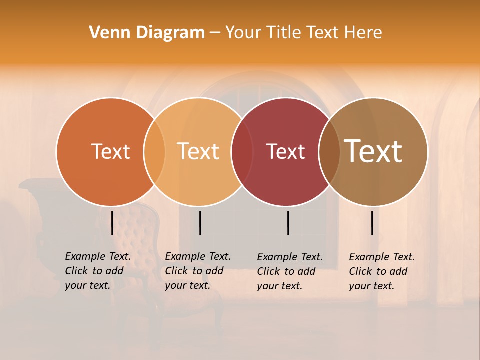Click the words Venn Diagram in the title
click(147, 33)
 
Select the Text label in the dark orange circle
click(110, 151)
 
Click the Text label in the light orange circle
click(198, 151)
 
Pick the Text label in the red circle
click(285, 152)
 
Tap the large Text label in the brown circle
click(373, 151)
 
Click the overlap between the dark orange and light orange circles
click(154, 152)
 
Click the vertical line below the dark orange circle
click(112, 223)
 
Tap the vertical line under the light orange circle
click(200, 223)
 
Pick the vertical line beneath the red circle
click(288, 223)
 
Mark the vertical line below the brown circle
click(372, 223)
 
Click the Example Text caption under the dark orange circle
click(97, 271)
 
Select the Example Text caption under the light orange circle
click(197, 271)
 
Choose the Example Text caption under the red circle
click(289, 271)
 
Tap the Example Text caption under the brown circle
click(381, 271)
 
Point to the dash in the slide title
click(215, 33)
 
